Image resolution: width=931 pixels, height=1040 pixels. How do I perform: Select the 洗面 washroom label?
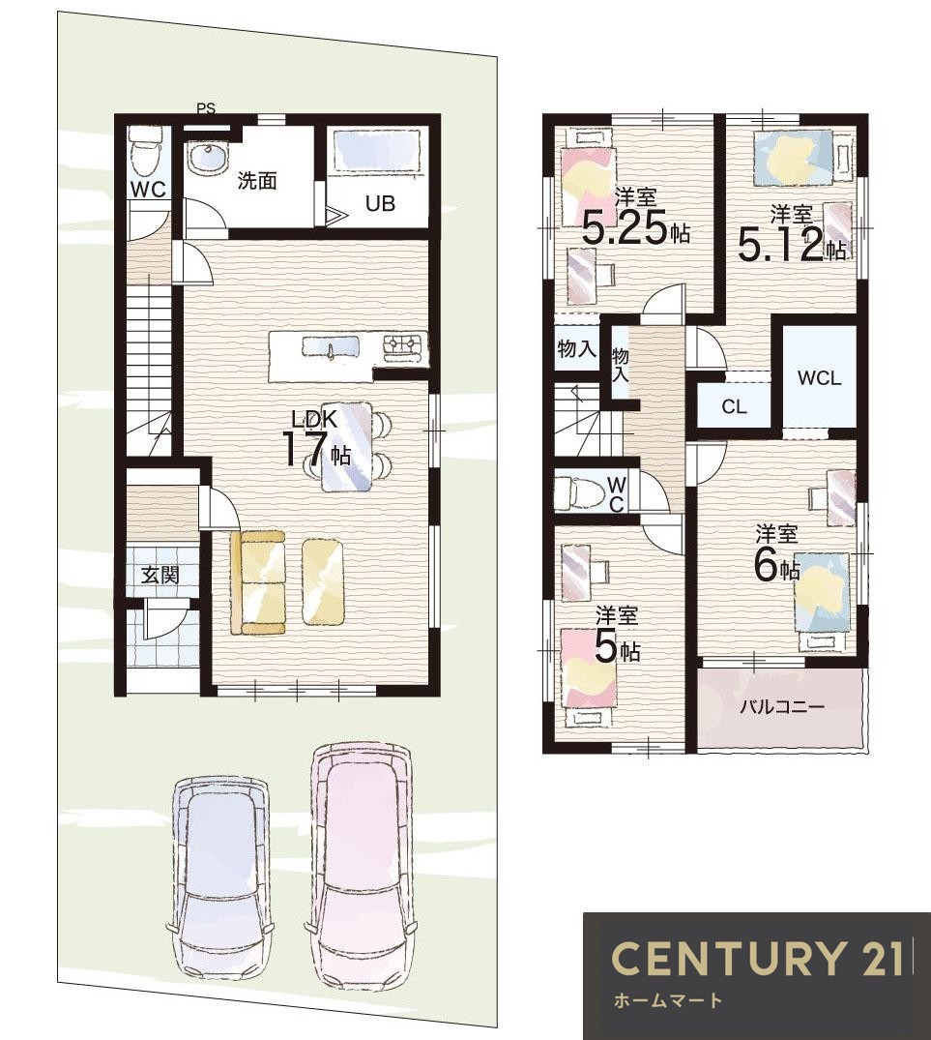pos(257,180)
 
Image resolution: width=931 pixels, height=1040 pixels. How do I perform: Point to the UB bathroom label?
pos(380,203)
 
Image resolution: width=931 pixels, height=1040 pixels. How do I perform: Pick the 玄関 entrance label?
pos(161,575)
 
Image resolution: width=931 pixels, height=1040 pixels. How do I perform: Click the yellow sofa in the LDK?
pos(258,583)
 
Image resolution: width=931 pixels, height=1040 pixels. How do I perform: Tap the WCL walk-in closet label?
pos(820,378)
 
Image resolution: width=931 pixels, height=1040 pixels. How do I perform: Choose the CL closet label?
pos(734,406)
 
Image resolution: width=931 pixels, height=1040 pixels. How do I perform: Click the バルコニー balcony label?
pos(782,706)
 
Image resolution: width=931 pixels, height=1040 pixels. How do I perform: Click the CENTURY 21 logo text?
pos(757,958)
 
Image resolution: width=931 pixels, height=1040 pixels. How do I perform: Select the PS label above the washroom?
pos(205,108)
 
